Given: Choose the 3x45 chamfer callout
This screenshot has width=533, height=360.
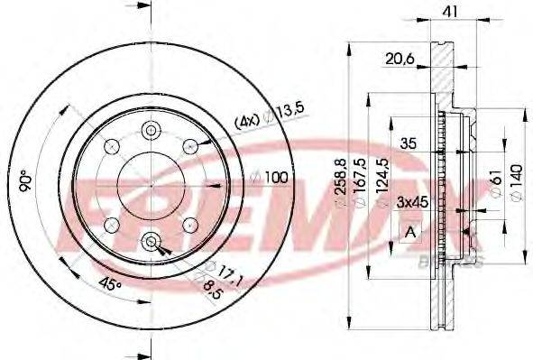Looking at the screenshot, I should tap(412, 205).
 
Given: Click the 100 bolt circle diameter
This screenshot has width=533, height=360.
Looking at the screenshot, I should tap(277, 177).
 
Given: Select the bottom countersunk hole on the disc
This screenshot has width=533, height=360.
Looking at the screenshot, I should tap(150, 241).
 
